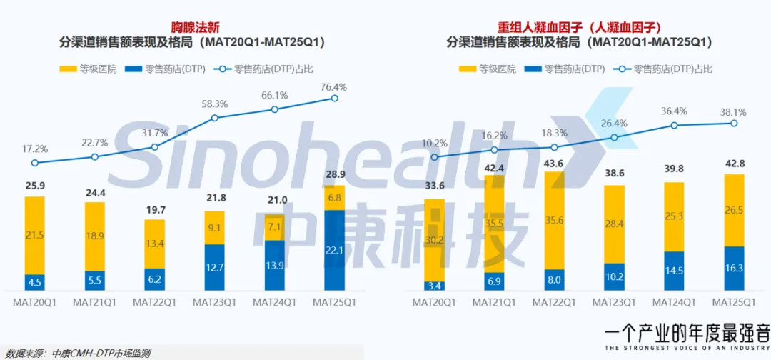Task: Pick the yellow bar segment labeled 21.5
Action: tap(34, 235)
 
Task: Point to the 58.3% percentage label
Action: tap(214, 104)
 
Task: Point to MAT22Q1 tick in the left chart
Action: tap(154, 301)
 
